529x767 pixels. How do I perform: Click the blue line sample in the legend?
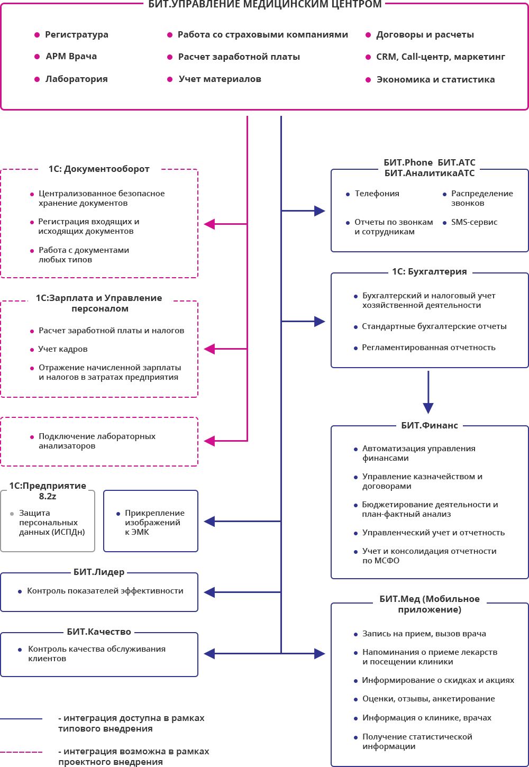click(x=21, y=719)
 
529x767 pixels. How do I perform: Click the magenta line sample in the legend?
click(x=21, y=752)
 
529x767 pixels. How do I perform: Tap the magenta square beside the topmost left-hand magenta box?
click(x=209, y=224)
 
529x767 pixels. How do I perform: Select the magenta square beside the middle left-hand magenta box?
click(x=209, y=349)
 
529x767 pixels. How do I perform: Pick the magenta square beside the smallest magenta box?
click(x=209, y=441)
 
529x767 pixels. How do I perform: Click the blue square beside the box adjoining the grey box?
click(x=209, y=522)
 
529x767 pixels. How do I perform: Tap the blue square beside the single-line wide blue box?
click(x=209, y=592)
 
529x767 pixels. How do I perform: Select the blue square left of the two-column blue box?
click(x=320, y=211)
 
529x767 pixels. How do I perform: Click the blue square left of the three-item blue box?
click(x=320, y=322)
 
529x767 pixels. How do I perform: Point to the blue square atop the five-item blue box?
click(x=428, y=408)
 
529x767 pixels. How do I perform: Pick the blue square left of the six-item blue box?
click(x=320, y=654)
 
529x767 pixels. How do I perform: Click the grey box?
click(x=48, y=521)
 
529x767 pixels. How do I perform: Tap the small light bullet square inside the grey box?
click(x=12, y=514)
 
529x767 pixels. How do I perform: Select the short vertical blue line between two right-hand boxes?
click(x=428, y=386)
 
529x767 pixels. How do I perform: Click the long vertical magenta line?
click(x=248, y=275)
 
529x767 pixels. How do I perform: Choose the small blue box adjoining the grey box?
click(x=151, y=521)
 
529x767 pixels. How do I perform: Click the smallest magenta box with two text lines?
click(x=99, y=442)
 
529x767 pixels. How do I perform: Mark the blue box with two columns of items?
click(x=430, y=210)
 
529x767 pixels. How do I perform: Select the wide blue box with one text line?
click(x=99, y=592)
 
